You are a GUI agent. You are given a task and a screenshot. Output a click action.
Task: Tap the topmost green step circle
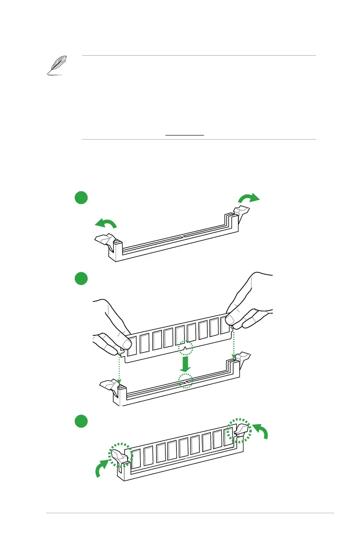pos(81,198)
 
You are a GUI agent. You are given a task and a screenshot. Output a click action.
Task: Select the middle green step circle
pos(81,278)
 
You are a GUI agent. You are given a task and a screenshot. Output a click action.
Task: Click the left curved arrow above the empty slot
pos(106,223)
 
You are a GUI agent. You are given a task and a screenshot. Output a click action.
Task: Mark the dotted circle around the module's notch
pos(185,348)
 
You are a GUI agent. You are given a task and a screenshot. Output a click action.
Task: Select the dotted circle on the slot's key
pos(185,381)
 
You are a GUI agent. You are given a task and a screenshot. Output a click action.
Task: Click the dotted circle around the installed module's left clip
pos(120,455)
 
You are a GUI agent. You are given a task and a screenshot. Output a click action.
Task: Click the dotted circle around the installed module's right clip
pos(238,430)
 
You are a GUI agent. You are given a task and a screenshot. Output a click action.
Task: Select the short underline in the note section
pos(185,135)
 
